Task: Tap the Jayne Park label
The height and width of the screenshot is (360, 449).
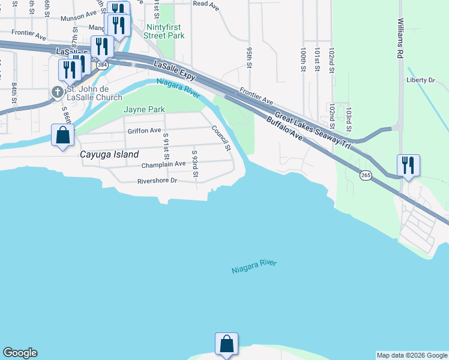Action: point(144,109)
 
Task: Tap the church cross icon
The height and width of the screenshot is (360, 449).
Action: point(58,92)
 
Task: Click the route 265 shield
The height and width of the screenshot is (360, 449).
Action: point(366,175)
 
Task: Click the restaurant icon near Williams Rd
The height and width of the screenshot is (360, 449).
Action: point(408,165)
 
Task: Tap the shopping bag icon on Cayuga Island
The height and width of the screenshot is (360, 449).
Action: point(63,135)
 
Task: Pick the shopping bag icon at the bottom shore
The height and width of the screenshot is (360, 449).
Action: point(226,344)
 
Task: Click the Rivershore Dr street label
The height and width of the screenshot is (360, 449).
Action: point(157,181)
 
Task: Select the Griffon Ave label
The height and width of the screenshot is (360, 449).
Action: point(144,130)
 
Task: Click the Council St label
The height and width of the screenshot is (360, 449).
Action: point(221,137)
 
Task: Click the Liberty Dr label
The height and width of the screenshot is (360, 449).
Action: point(420,80)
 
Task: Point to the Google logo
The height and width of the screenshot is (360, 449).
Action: point(20,353)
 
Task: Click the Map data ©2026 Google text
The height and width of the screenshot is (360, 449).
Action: point(412,355)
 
